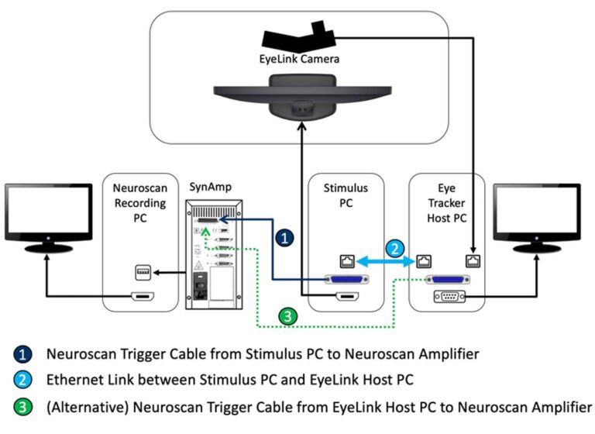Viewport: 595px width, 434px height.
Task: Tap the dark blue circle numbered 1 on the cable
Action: pyautogui.click(x=286, y=239)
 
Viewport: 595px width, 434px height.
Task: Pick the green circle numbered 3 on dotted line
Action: pyautogui.click(x=287, y=316)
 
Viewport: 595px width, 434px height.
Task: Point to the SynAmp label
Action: pyautogui.click(x=210, y=187)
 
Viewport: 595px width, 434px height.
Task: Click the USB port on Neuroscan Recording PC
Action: pyautogui.click(x=141, y=273)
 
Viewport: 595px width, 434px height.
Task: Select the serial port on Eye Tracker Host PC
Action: pyautogui.click(x=448, y=298)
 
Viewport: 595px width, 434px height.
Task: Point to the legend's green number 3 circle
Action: pyautogui.click(x=23, y=405)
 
